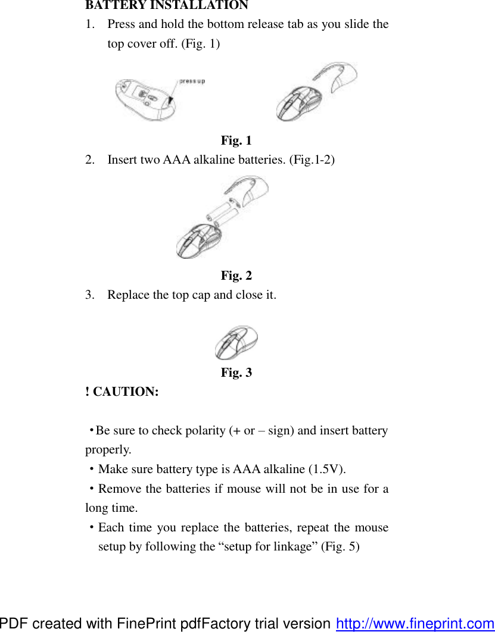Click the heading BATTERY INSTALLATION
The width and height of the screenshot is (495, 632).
167,6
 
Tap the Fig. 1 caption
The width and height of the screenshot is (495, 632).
236,140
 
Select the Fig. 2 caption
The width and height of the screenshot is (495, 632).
236,276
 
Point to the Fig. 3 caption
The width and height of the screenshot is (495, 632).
236,373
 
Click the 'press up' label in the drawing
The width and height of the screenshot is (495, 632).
192,81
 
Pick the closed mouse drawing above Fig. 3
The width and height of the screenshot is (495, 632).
236,343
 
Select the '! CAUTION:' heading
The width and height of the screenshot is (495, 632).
122,392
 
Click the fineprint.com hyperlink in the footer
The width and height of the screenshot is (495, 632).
415,624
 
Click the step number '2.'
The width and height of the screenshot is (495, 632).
91,159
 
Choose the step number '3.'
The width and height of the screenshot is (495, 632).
91,295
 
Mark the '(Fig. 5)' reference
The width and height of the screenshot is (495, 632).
340,546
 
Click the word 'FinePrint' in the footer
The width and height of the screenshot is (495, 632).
142,624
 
